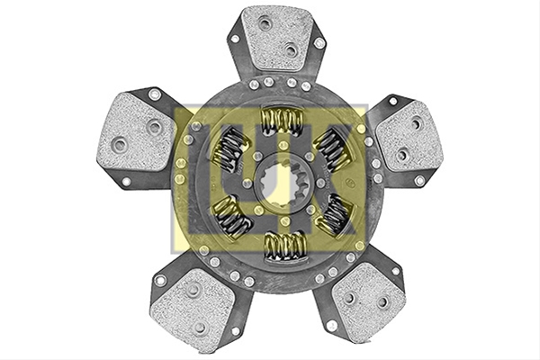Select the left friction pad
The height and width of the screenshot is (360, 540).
pos(137,132)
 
